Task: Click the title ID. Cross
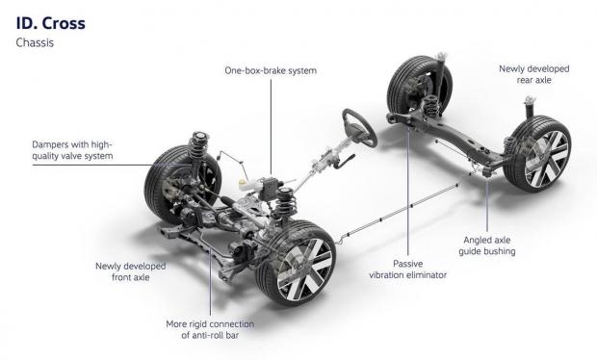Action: pos(51,23)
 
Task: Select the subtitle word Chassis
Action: pos(35,42)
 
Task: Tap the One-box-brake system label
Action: pos(271,71)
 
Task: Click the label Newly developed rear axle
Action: pos(533,74)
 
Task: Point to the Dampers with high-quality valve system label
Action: pos(72,150)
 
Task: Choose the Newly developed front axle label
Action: pos(131,271)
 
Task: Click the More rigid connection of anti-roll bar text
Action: pos(210,329)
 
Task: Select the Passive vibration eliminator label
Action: pos(407,270)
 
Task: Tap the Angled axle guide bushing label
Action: pos(487,245)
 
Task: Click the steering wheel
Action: pos(359,128)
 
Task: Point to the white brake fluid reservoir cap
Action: pos(243,182)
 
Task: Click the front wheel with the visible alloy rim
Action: pos(296,263)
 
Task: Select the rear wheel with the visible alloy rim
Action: pos(537,154)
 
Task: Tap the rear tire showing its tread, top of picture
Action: pos(418,87)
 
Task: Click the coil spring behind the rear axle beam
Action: pos(430,106)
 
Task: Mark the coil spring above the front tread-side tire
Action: pos(197,145)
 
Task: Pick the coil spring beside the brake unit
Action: pos(284,203)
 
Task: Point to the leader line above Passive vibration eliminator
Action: pos(407,193)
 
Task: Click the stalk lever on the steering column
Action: pos(345,162)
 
